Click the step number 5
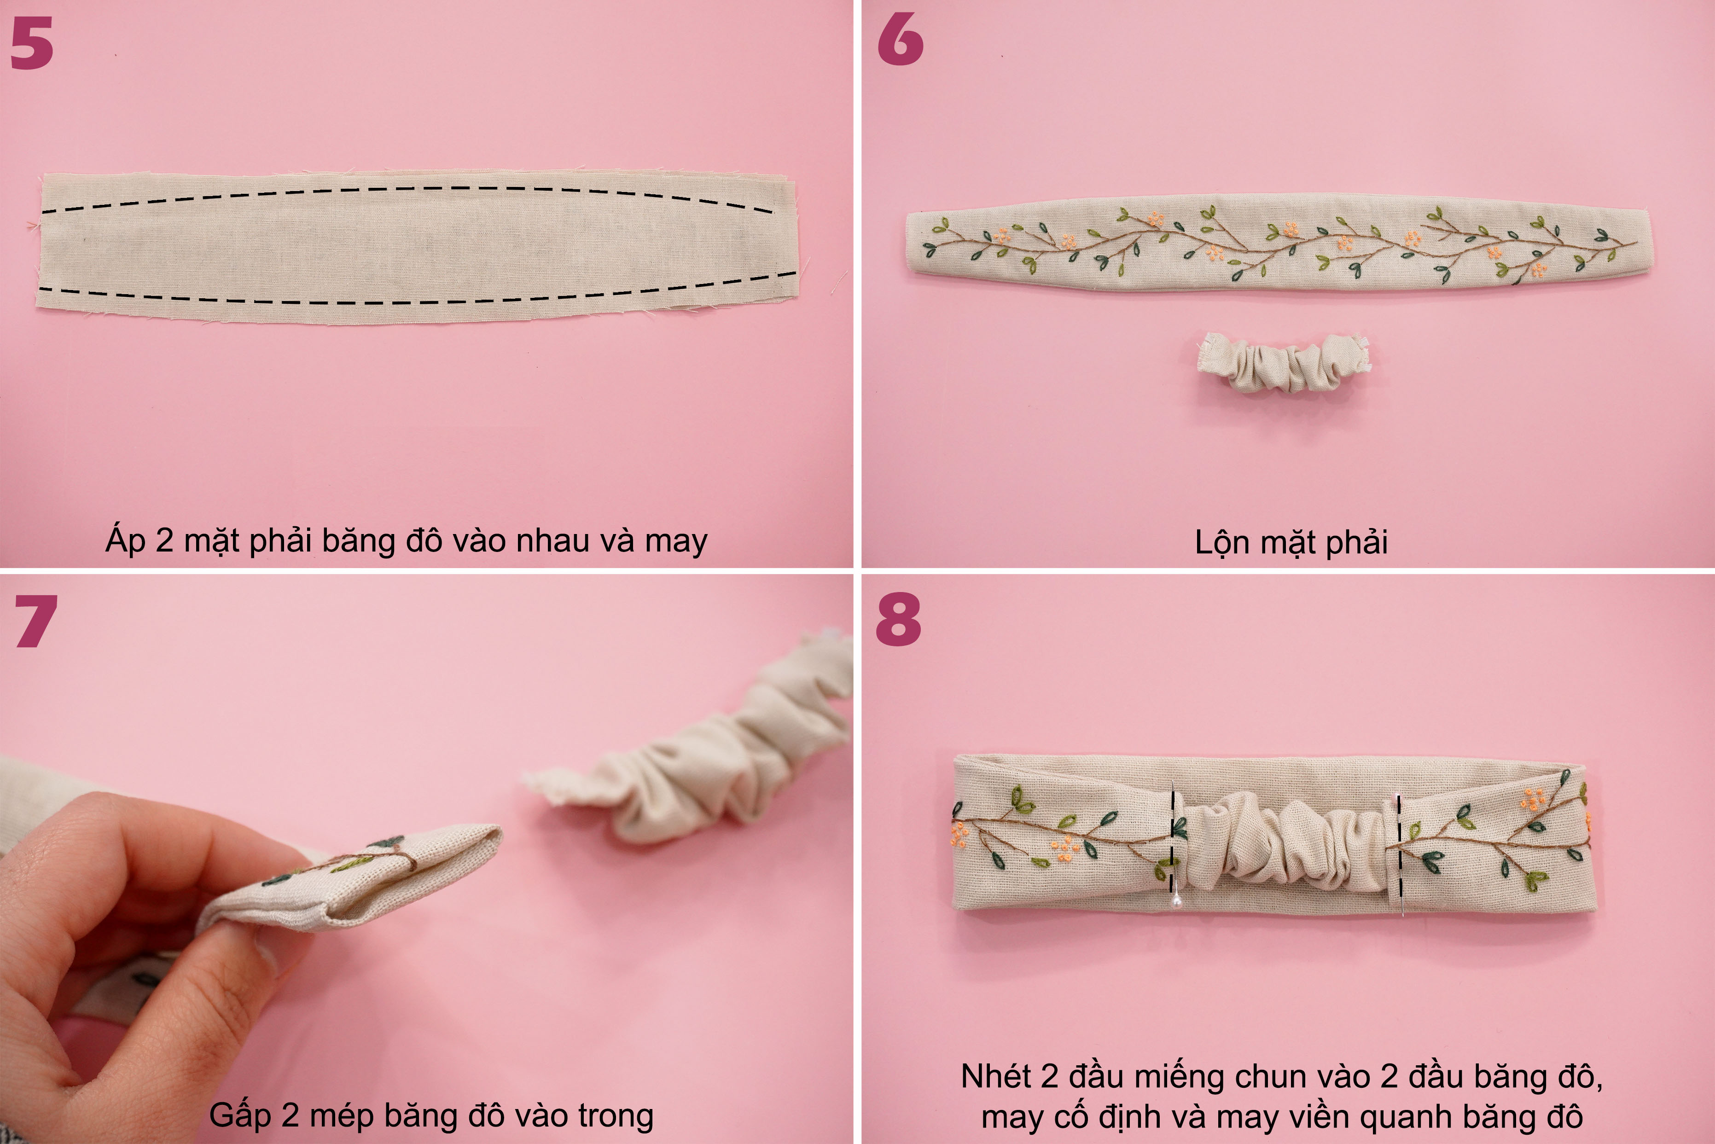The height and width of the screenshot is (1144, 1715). tap(32, 43)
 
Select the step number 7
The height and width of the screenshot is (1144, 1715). tap(36, 621)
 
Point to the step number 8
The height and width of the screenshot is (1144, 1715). tap(899, 620)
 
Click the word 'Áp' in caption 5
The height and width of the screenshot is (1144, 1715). tap(126, 540)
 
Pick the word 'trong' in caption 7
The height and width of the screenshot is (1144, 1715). tap(616, 1116)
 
